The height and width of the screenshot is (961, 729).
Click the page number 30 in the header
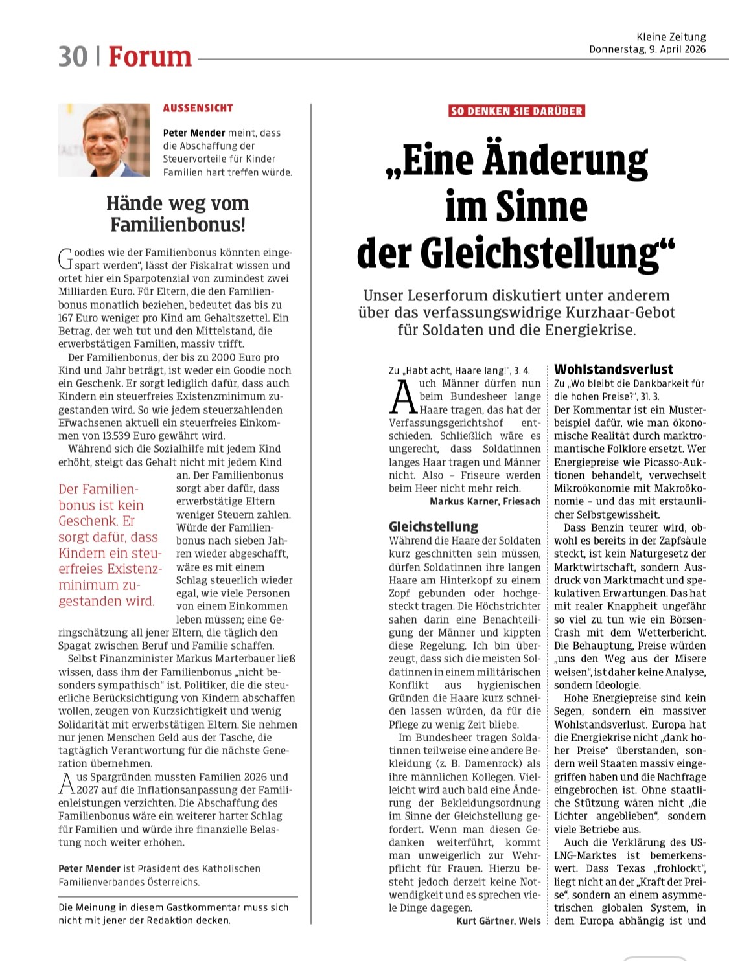point(73,56)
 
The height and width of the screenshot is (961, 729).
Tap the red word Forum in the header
point(150,56)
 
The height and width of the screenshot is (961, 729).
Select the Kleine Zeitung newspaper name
point(671,37)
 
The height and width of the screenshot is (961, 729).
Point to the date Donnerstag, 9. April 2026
point(647,49)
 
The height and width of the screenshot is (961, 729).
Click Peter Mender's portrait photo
point(104,140)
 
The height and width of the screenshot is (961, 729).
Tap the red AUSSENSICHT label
point(198,108)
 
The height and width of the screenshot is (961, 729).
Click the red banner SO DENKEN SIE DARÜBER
point(516,111)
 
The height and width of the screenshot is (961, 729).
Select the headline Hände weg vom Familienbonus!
point(178,214)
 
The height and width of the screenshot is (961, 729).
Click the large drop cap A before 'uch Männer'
point(403,396)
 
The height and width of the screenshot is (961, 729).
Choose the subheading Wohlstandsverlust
point(614,369)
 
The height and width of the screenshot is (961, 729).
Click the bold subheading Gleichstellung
point(434,526)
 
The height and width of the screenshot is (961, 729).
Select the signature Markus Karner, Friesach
point(485,501)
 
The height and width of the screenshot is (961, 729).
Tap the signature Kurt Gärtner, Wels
point(498,921)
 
